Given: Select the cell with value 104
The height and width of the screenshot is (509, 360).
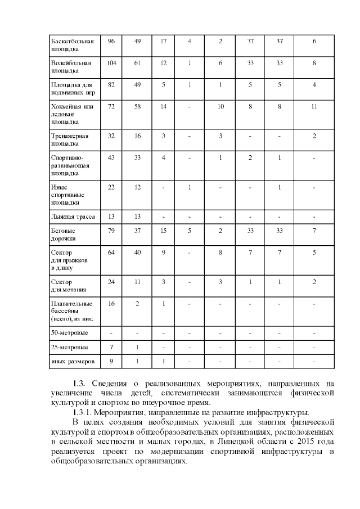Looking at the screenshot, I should click(x=111, y=63).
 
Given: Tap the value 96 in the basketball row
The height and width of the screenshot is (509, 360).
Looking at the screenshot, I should click(x=111, y=41).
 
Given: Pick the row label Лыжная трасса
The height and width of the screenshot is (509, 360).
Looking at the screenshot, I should click(x=73, y=217).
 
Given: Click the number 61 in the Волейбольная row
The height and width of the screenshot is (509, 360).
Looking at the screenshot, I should click(x=137, y=63).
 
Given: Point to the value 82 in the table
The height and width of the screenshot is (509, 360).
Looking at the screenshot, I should click(x=111, y=84).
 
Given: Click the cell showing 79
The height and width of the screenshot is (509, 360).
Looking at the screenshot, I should click(x=111, y=231).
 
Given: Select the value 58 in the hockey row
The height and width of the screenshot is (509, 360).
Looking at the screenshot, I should click(x=137, y=106).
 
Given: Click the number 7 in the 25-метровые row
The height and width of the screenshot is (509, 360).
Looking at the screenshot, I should click(x=111, y=346).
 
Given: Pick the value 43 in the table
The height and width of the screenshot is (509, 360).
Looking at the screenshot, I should click(x=111, y=157).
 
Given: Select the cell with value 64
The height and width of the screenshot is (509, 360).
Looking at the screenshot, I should click(x=111, y=253).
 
